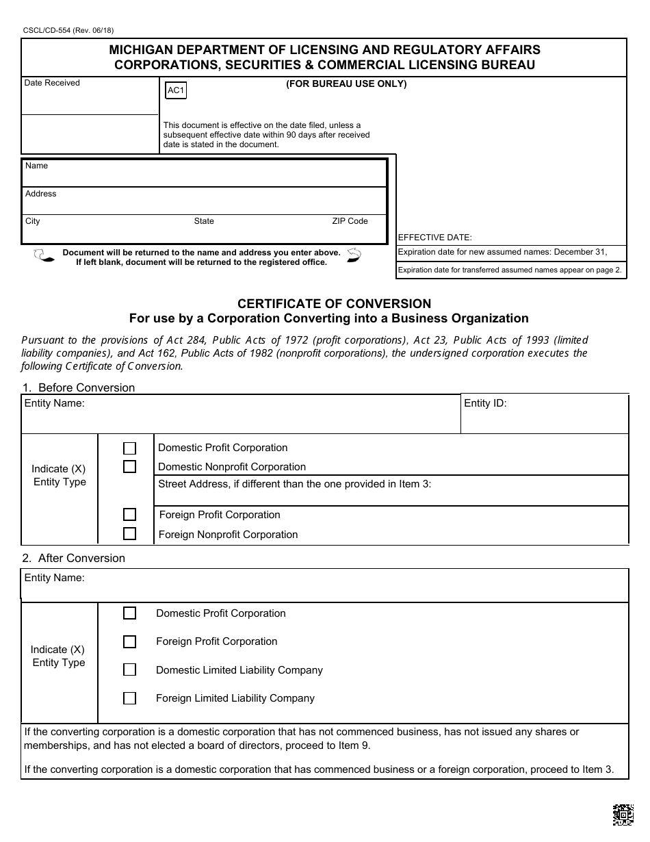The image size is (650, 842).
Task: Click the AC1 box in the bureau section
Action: tap(176, 90)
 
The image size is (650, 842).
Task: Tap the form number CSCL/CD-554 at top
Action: tap(67, 31)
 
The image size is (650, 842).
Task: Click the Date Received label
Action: tap(52, 83)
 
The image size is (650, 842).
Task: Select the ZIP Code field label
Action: tap(350, 221)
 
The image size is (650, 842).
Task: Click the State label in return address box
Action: tap(204, 221)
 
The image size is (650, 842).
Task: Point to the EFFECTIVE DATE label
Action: tap(434, 238)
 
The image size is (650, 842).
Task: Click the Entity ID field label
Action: tap(485, 403)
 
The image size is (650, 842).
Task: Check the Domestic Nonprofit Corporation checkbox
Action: tap(129, 467)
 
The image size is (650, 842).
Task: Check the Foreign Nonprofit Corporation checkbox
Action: tap(129, 534)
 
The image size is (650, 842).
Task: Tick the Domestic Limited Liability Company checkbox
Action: tap(129, 669)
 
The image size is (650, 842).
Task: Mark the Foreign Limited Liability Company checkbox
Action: tap(129, 698)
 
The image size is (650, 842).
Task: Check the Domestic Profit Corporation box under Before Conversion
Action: tap(129, 448)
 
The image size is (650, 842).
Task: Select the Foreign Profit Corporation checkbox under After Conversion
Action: tap(129, 641)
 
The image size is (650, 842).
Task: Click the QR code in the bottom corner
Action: tap(623, 815)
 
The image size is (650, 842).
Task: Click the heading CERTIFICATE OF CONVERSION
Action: tap(334, 303)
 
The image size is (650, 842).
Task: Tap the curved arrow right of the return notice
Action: tap(354, 256)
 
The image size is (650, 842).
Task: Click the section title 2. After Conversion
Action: tap(73, 558)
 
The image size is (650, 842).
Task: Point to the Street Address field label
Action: tap(294, 484)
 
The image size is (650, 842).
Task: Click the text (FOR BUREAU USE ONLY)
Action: tap(346, 84)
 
